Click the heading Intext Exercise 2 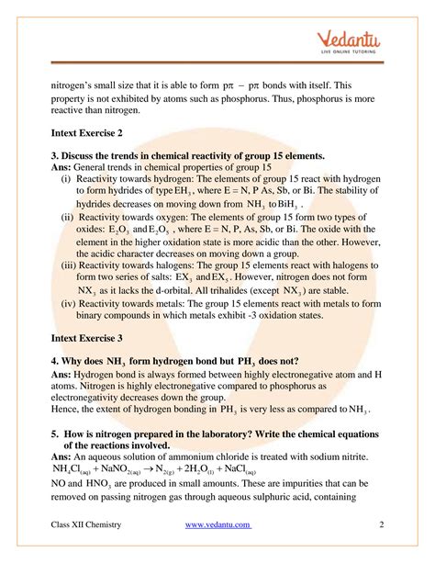coord(93,134)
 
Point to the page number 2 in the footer coord(380,524)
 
